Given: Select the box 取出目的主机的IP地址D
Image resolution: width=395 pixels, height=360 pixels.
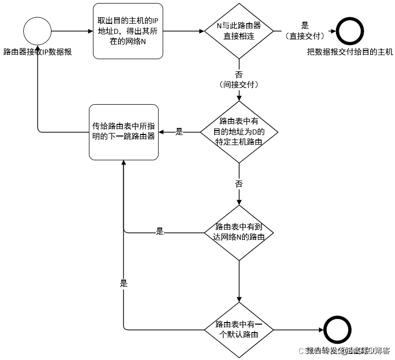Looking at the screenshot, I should pyautogui.click(x=128, y=30).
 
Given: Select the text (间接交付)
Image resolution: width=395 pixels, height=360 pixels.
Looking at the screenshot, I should pyautogui.click(x=238, y=84).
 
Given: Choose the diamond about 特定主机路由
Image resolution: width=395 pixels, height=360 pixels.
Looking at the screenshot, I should pyautogui.click(x=238, y=132).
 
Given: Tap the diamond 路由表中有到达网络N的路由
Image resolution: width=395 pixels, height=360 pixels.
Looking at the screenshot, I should pyautogui.click(x=238, y=233).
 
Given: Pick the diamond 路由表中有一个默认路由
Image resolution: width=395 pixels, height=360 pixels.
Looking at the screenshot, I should pyautogui.click(x=238, y=330).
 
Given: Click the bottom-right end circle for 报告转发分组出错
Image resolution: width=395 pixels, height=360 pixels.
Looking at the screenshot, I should pyautogui.click(x=337, y=330).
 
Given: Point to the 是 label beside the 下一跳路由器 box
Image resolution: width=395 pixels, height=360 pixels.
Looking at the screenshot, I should pyautogui.click(x=179, y=132).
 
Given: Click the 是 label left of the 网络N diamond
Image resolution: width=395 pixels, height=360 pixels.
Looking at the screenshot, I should pyautogui.click(x=160, y=232).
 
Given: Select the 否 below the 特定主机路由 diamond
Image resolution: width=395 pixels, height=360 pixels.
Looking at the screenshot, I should pyautogui.click(x=238, y=184).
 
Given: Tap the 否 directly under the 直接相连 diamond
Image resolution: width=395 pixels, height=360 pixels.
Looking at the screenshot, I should pyautogui.click(x=238, y=74).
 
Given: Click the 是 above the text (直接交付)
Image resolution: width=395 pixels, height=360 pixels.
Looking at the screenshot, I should pyautogui.click(x=305, y=25).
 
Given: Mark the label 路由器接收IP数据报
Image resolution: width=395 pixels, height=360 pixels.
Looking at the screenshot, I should pyautogui.click(x=37, y=52).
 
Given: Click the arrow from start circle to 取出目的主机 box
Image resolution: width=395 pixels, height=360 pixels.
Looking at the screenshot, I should pyautogui.click(x=72, y=30).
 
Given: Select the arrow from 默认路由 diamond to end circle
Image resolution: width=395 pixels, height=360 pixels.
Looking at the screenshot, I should pyautogui.click(x=298, y=330).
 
